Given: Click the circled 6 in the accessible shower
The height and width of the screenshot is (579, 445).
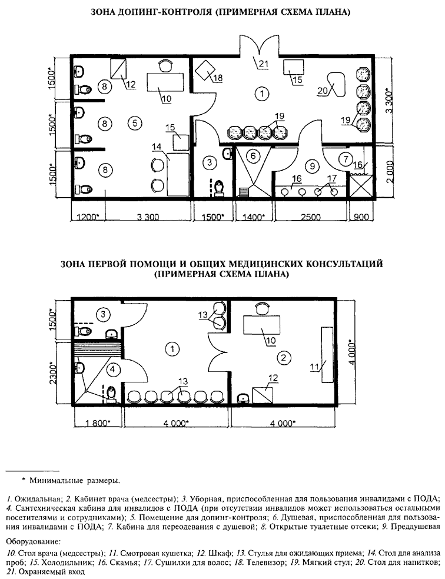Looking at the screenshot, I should coord(252,157).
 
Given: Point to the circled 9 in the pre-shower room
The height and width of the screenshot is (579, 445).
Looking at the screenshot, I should coord(313,165).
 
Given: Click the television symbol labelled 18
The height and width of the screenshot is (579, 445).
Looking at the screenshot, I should coord(207,72).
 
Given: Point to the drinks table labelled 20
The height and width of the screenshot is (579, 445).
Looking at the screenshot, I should coord(335,84).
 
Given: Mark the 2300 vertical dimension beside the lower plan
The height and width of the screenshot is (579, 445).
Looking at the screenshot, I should coord(54,372).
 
